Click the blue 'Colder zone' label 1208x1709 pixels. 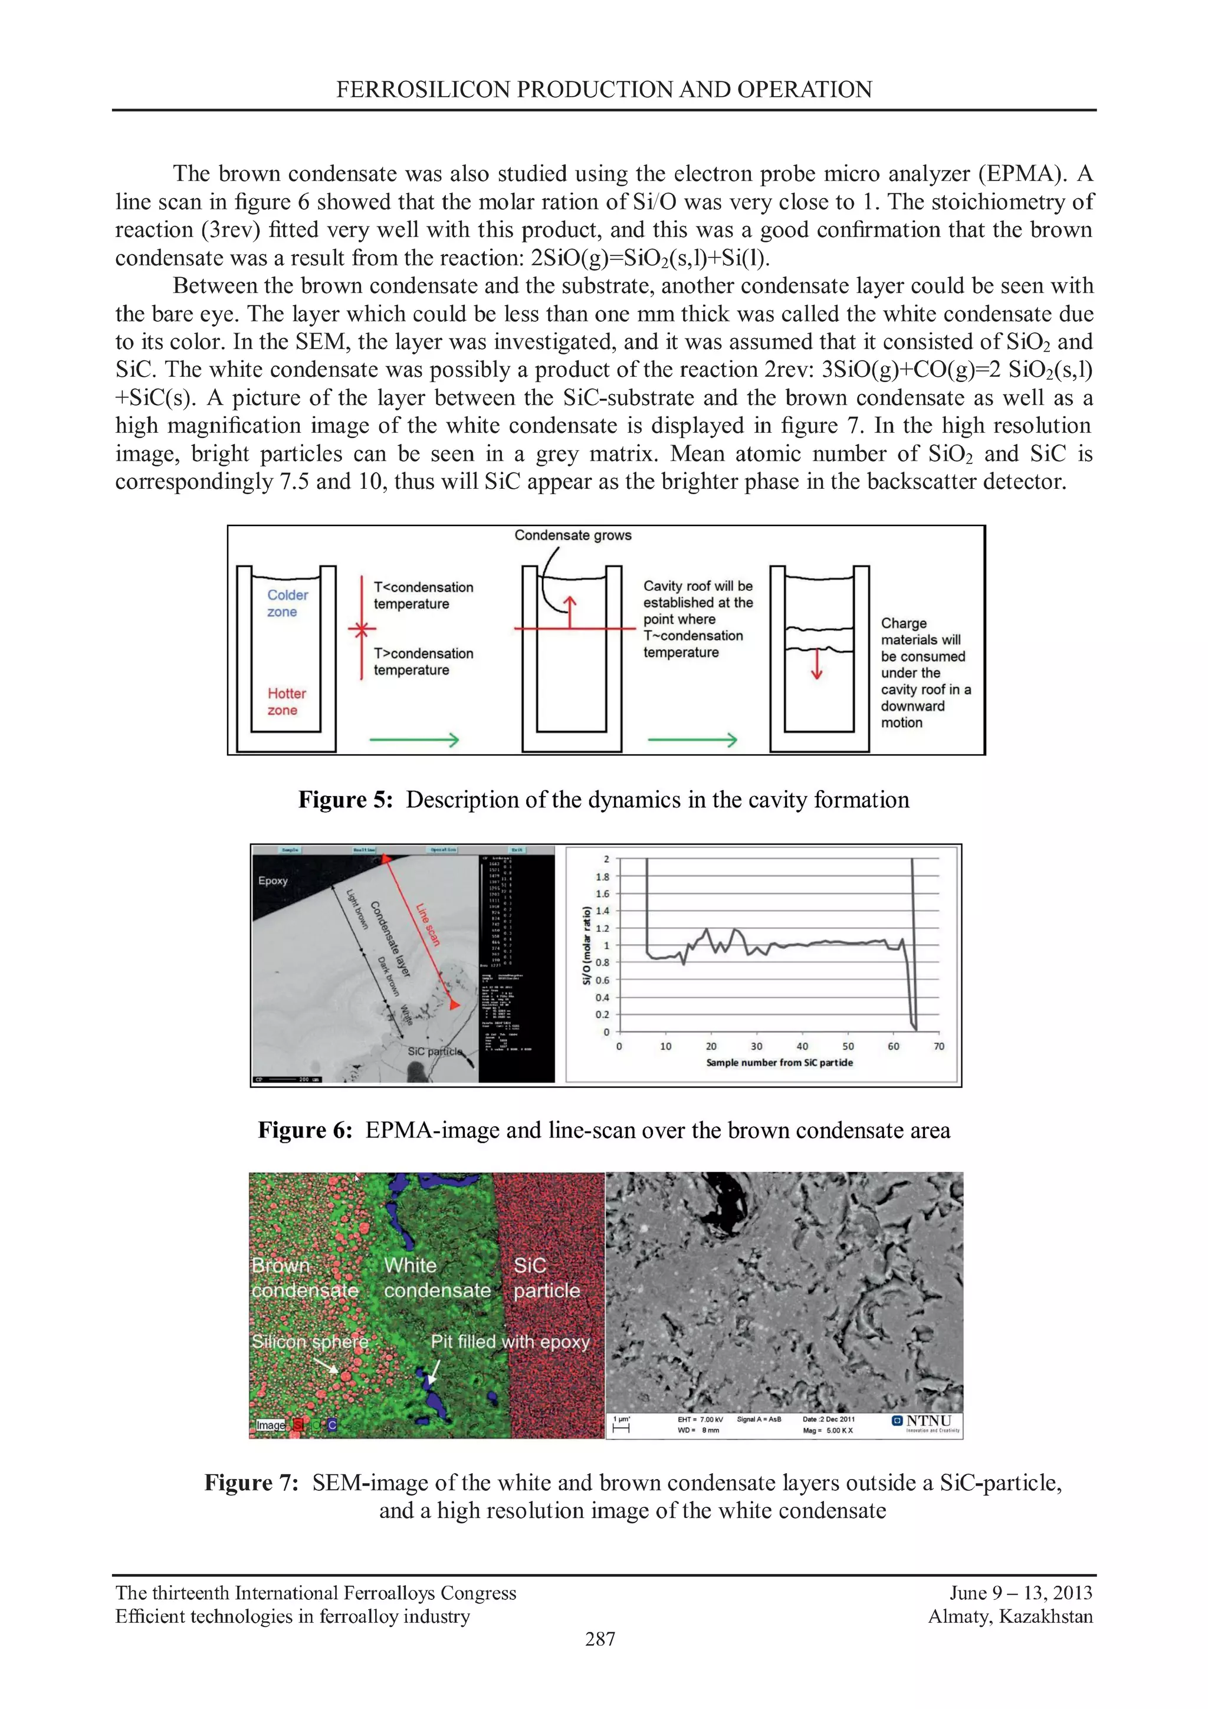pyautogui.click(x=287, y=603)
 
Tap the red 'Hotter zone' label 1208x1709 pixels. pyautogui.click(x=287, y=701)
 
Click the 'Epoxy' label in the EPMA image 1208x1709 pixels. pyautogui.click(x=273, y=880)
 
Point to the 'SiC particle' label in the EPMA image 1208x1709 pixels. pyautogui.click(x=435, y=1051)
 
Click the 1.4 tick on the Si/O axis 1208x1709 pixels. pyautogui.click(x=602, y=911)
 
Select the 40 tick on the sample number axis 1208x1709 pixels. pyautogui.click(x=802, y=1046)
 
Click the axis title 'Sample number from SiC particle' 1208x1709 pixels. pyautogui.click(x=779, y=1062)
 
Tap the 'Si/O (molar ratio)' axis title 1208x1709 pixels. pyautogui.click(x=586, y=945)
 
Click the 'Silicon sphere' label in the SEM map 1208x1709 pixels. pyautogui.click(x=310, y=1341)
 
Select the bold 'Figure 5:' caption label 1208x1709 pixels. pyautogui.click(x=344, y=800)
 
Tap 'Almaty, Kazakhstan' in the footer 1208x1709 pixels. pyautogui.click(x=1009, y=1616)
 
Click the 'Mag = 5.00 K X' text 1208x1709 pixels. pyautogui.click(x=827, y=1430)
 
